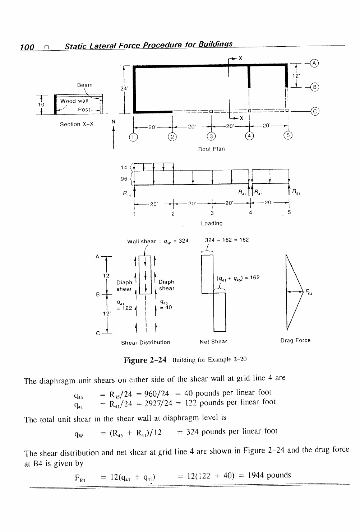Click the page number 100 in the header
[27, 47]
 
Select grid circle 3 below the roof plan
[211, 136]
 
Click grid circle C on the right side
[315, 111]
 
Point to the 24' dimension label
[124, 89]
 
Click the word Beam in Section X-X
[85, 85]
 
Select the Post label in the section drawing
[84, 109]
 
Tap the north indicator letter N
[114, 122]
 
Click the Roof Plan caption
[211, 149]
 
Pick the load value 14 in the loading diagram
[124, 167]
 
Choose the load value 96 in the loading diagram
[124, 179]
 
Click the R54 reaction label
[296, 192]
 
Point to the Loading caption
[212, 223]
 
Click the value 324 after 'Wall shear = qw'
[184, 241]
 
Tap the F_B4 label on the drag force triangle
[309, 292]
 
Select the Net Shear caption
[213, 341]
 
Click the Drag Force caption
[295, 340]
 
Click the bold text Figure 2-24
[145, 360]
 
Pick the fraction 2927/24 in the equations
[158, 403]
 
